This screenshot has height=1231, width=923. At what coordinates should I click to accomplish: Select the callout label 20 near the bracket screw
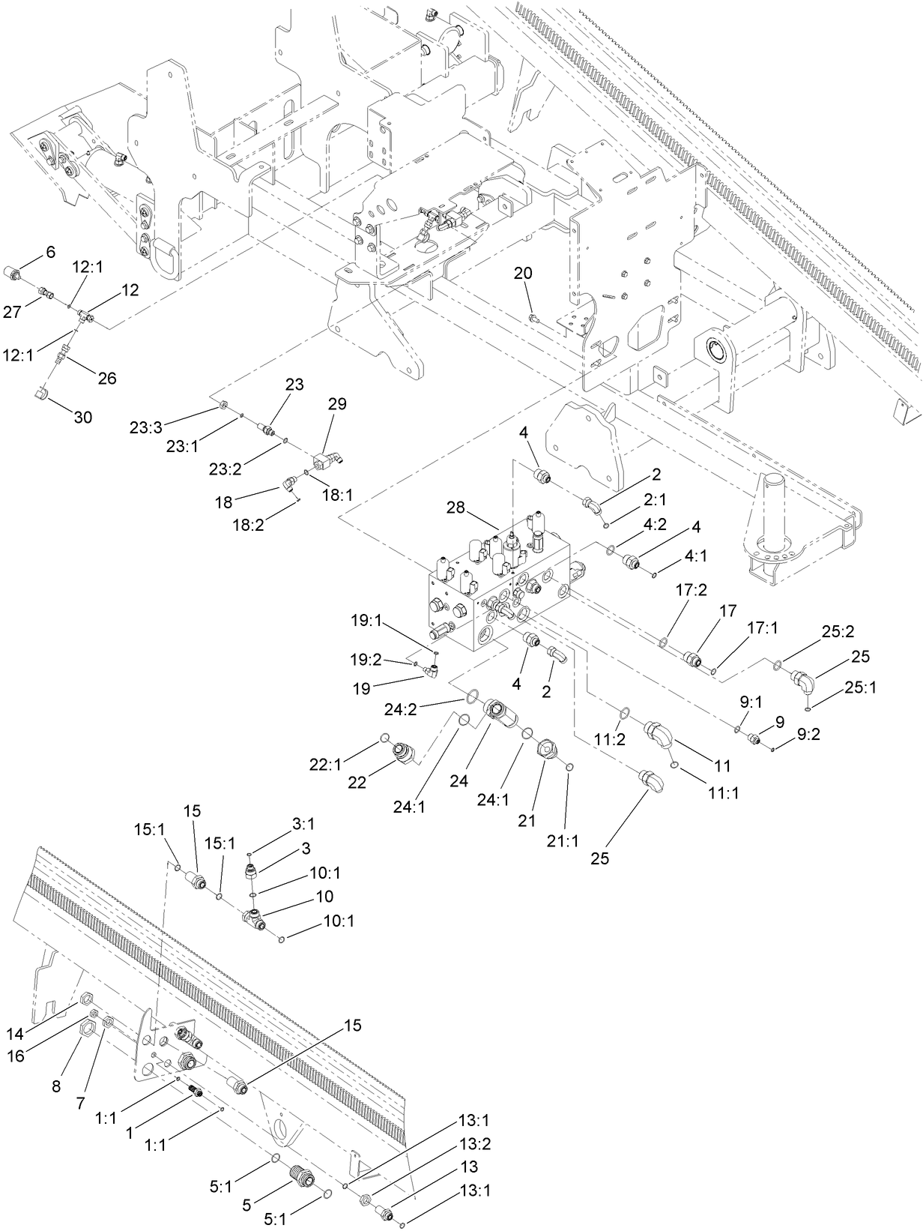tap(523, 274)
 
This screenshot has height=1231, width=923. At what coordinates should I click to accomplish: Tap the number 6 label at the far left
tap(50, 252)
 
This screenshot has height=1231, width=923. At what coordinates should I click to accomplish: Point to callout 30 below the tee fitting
tap(82, 417)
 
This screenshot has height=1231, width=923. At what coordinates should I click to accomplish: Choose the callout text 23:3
tap(145, 427)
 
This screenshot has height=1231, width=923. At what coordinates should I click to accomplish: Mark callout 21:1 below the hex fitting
tap(563, 841)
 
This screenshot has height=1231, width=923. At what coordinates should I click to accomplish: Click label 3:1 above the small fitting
tap(303, 824)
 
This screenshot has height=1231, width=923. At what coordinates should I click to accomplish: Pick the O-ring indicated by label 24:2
tap(470, 698)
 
